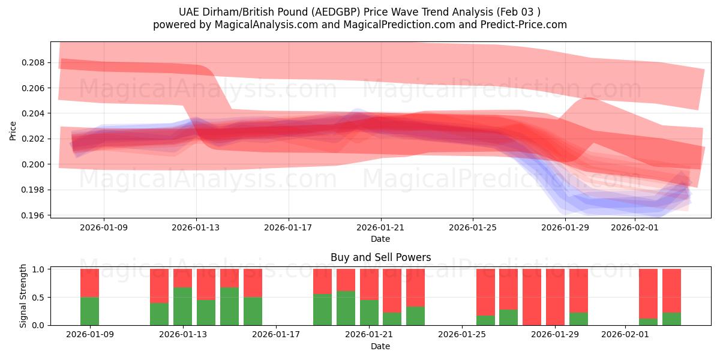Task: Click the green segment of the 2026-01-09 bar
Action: (x=89, y=311)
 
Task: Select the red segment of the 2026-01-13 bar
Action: (x=182, y=278)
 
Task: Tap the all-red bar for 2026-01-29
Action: (x=555, y=297)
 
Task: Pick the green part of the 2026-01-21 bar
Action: (x=369, y=312)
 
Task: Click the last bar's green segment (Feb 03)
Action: (x=671, y=319)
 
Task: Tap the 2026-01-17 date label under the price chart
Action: (x=288, y=228)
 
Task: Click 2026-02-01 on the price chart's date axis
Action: (x=635, y=228)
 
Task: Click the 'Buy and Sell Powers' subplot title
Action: (x=380, y=257)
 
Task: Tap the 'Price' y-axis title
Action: (x=13, y=130)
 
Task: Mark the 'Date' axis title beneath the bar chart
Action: (x=380, y=346)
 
